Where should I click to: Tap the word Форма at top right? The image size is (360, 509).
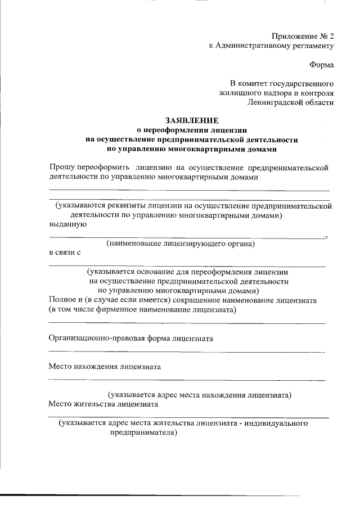coord(323,65)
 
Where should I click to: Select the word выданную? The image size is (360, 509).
coord(67,224)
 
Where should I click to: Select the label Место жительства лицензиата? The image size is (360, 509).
coord(103,404)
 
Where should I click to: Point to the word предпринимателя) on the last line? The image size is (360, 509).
coord(144,433)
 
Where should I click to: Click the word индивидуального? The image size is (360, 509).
coord(277,424)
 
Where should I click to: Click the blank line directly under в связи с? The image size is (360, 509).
coord(186,265)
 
